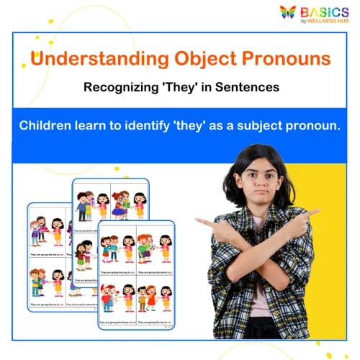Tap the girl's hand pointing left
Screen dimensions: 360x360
click(204, 223)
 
